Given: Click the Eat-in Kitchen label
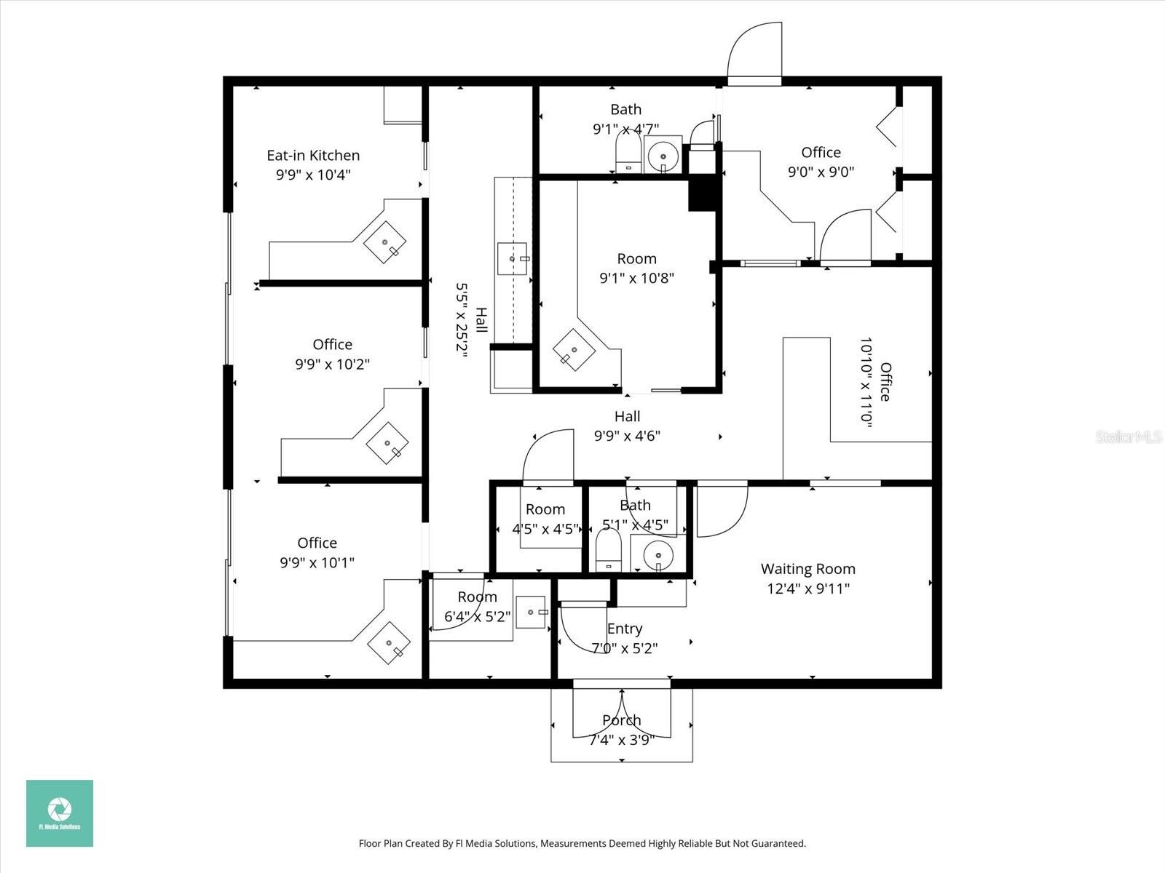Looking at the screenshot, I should (x=313, y=156).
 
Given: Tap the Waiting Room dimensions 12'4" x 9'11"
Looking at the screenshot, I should (x=808, y=589).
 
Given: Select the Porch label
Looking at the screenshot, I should (x=621, y=720).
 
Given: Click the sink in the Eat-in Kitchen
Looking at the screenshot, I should (x=385, y=242).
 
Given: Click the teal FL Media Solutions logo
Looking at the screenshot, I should (x=60, y=813).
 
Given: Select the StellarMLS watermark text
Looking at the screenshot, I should (x=1129, y=437).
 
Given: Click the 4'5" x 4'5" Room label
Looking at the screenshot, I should (x=545, y=509).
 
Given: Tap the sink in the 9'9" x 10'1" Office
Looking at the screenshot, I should (x=389, y=643).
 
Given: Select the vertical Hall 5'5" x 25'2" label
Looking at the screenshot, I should (x=470, y=320).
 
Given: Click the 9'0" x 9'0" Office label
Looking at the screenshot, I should (x=821, y=153).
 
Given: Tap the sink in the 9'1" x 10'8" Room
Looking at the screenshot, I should (x=574, y=350).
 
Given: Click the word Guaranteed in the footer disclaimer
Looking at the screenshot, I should (x=781, y=844).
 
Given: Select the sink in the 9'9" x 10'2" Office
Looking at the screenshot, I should (x=387, y=442).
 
